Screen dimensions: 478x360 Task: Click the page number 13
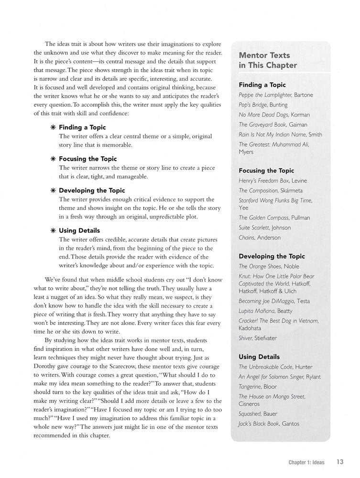tap(340, 462)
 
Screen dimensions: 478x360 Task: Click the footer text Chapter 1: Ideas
tap(306, 462)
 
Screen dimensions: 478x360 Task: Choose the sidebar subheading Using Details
tap(259, 357)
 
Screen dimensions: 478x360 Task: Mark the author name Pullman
tap(301, 217)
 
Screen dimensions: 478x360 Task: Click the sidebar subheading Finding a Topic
tap(262, 85)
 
